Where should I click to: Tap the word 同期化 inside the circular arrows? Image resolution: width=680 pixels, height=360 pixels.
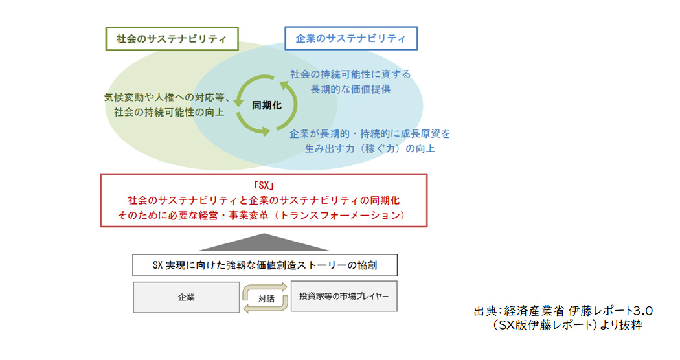pos(267,106)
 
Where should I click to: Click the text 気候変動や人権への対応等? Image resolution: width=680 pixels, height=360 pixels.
pos(164,97)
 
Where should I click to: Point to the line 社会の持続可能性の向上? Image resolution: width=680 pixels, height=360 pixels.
pos(169,112)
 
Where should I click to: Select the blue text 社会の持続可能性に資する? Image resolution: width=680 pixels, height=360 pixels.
pos(350,74)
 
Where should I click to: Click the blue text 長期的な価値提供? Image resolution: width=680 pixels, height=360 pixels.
pos(350,89)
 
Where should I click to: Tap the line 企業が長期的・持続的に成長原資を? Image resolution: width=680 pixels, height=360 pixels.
pos(370,133)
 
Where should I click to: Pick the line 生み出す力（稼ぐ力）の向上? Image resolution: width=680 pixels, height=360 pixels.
pos(370,148)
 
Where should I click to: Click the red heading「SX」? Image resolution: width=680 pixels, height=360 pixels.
pos(264,186)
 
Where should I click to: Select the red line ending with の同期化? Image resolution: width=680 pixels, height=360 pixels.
pos(264,200)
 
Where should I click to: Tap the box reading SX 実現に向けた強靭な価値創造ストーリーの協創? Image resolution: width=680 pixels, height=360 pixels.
pos(265,265)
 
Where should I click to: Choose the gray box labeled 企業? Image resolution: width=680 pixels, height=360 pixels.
pos(186,298)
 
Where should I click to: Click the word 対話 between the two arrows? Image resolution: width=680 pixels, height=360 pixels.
pos(266,298)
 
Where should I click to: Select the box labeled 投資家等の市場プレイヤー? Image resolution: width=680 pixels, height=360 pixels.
pos(344,297)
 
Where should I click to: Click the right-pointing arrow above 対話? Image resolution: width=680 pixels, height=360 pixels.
pos(265,288)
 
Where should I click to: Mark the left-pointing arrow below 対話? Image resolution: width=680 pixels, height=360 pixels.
pos(265,307)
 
